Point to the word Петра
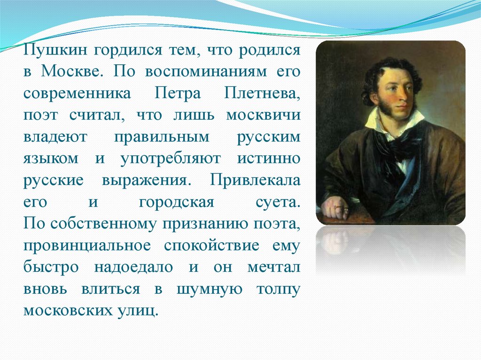[x=177, y=94]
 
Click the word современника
[x=77, y=94]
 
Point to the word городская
[x=177, y=202]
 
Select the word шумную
[x=209, y=289]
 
